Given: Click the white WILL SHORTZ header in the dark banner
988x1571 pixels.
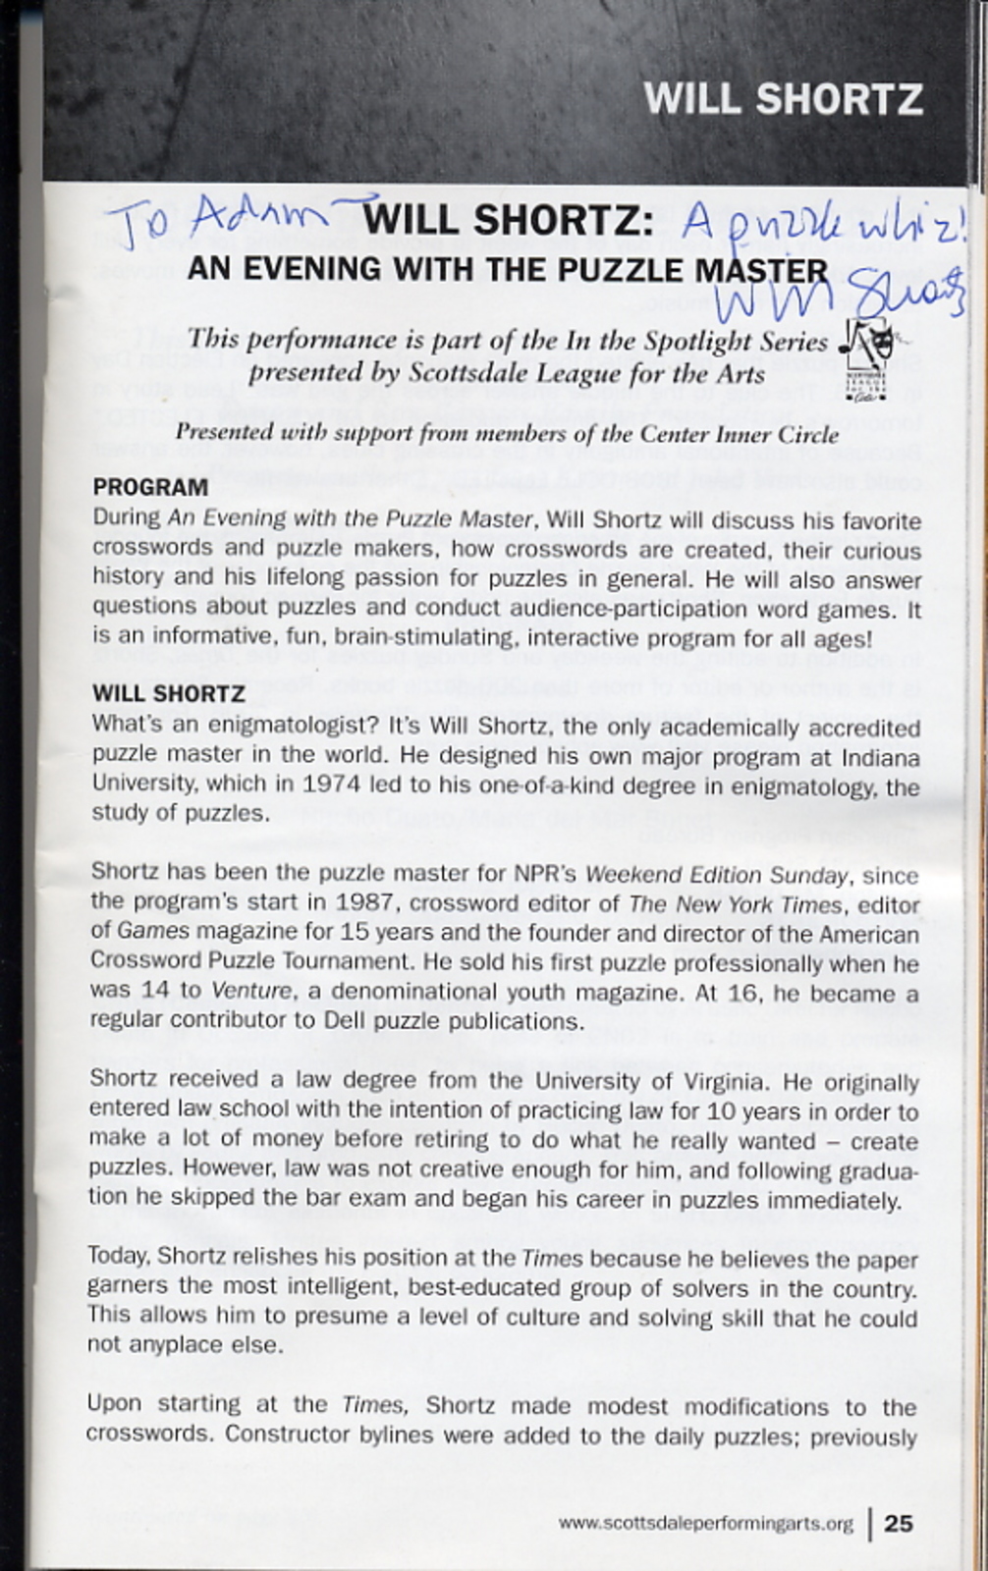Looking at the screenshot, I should click(x=783, y=99).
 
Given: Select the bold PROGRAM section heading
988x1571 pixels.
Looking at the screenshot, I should click(x=150, y=487).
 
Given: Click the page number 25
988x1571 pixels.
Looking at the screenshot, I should click(x=899, y=1523).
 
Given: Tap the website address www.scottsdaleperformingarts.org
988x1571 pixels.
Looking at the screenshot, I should click(x=705, y=1524).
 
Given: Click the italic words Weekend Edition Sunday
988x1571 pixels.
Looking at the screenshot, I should click(x=717, y=875).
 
